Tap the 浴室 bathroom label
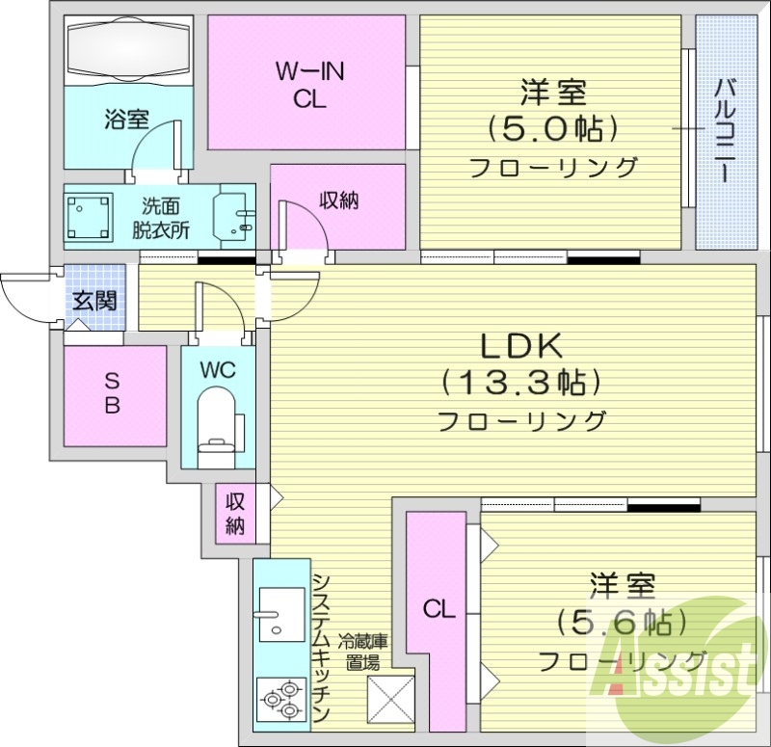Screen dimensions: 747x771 point(125,120)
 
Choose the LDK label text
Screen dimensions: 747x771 point(521,344)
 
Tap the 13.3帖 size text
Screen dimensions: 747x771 point(521,383)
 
